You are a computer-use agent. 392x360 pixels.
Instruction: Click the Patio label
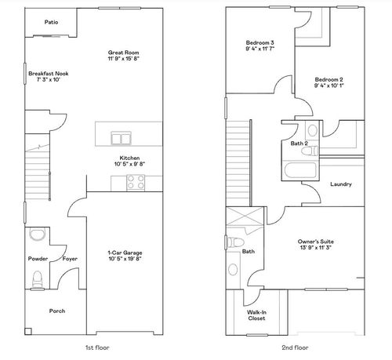click(x=52, y=23)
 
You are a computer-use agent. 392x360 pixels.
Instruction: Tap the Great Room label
click(x=122, y=53)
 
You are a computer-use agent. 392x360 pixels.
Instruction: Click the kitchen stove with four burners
click(x=136, y=182)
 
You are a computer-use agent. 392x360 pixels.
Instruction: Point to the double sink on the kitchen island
click(x=121, y=139)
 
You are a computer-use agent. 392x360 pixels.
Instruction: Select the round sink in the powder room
click(x=36, y=235)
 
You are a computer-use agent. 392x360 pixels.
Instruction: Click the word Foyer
click(x=70, y=258)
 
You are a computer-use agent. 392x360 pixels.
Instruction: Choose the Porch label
click(x=56, y=311)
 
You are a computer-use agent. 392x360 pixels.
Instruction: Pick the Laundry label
click(x=341, y=184)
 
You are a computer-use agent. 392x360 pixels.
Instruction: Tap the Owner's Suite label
click(x=316, y=241)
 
